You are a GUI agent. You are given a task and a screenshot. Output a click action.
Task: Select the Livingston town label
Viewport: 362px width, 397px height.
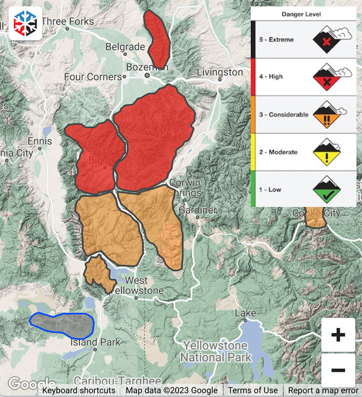click(x=220, y=72)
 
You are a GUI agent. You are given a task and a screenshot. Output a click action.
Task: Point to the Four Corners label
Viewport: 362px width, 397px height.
click(x=93, y=77)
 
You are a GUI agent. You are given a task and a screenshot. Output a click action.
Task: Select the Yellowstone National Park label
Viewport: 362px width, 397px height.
click(x=215, y=352)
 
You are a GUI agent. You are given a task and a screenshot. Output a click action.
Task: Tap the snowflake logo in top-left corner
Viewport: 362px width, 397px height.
click(x=25, y=23)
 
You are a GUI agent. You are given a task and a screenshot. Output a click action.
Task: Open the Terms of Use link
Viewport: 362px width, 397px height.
click(x=253, y=390)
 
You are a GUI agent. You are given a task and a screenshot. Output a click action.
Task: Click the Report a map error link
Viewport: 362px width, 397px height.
click(x=323, y=390)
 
